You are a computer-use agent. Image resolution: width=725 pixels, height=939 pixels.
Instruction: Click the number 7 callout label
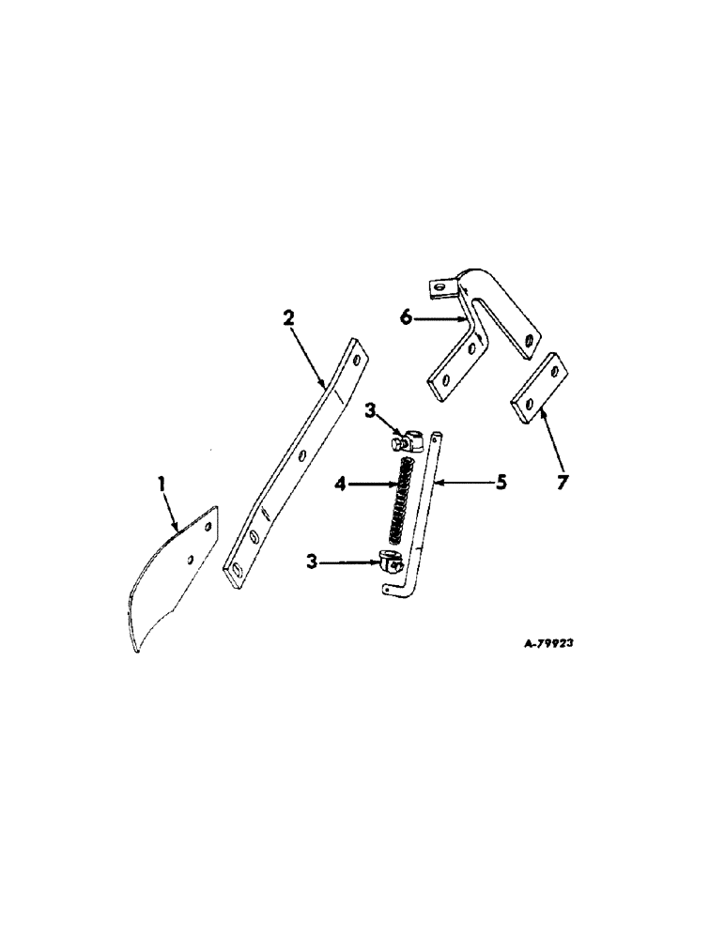[x=562, y=486]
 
